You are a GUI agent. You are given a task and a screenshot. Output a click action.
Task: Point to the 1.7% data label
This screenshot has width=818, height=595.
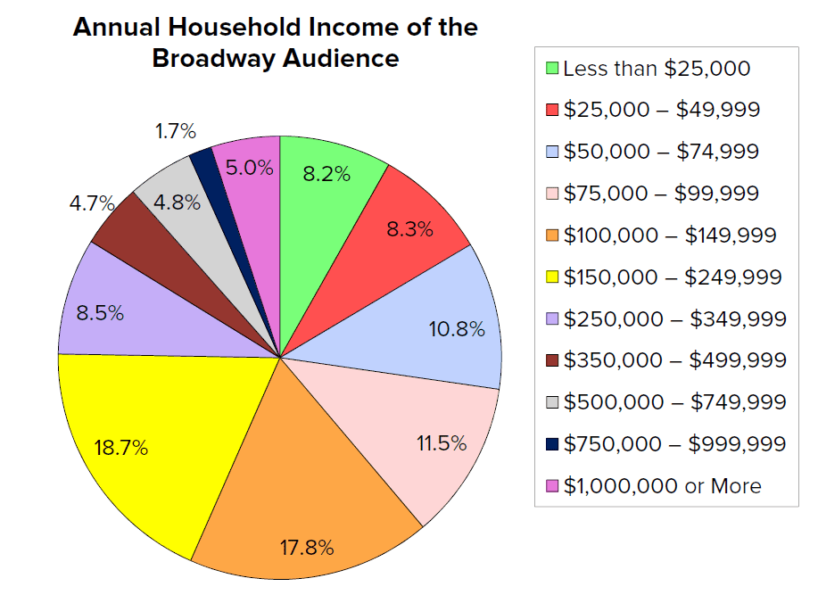[x=175, y=132]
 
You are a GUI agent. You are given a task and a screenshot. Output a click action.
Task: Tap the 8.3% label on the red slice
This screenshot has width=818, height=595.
[x=410, y=229]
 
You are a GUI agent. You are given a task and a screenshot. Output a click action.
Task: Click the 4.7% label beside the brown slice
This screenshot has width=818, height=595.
[x=93, y=203]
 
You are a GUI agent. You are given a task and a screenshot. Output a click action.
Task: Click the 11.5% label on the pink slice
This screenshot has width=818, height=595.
[x=442, y=443]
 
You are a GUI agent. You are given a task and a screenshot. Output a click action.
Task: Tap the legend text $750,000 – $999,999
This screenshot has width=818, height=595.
[x=674, y=444]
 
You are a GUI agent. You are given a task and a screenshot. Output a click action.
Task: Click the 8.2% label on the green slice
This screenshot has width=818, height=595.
[x=326, y=174]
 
